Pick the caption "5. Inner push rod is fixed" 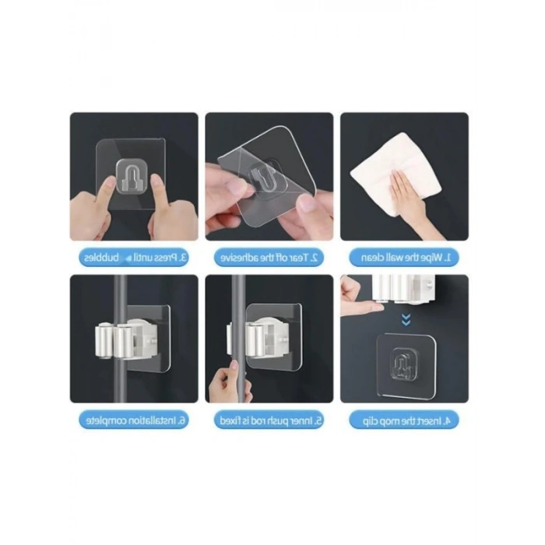(x=269, y=420)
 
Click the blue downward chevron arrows (x=404, y=318)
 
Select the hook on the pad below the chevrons (x=402, y=364)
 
